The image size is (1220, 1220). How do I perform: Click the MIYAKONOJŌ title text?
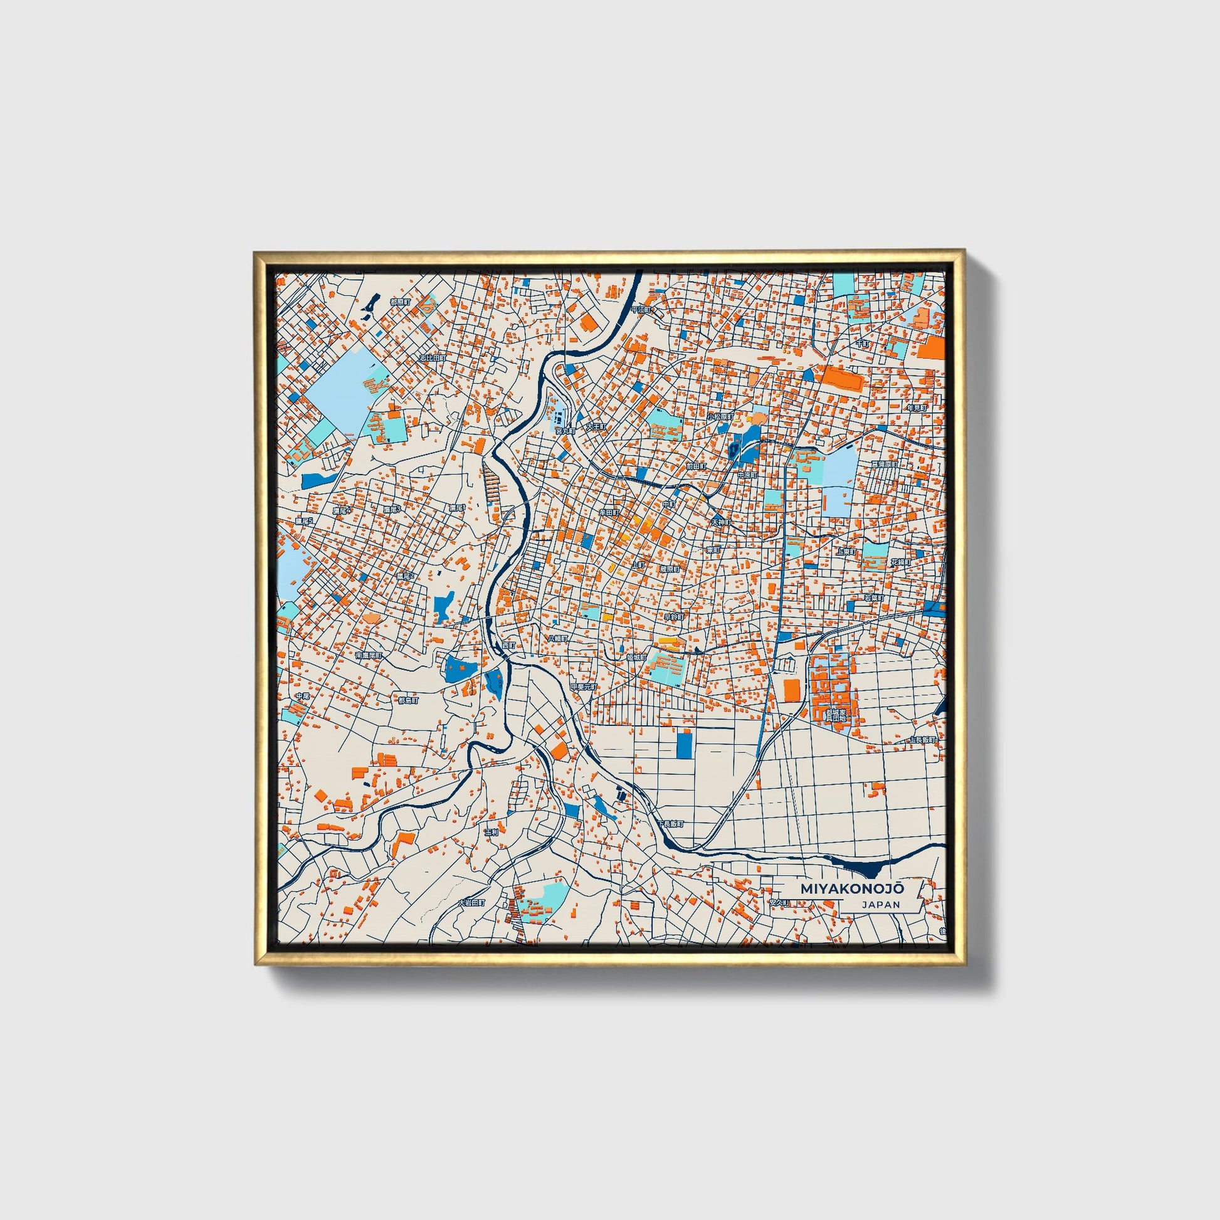tap(852, 888)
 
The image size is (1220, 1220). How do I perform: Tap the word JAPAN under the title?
tap(880, 904)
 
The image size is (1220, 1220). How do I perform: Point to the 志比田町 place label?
tap(433, 358)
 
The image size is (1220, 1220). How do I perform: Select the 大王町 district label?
tap(595, 427)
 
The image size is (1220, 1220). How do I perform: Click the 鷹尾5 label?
tap(303, 522)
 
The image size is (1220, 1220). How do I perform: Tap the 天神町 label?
tap(720, 522)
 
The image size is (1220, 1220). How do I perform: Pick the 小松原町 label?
tap(720, 418)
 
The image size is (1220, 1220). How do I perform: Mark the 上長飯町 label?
tap(923, 739)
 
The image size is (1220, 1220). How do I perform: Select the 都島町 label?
tap(408, 700)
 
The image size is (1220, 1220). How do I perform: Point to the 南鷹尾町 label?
tap(368, 656)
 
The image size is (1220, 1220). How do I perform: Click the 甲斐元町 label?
tap(583, 686)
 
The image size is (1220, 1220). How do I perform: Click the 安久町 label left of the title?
tap(779, 903)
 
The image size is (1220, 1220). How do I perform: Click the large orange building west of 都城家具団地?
tap(791, 690)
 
